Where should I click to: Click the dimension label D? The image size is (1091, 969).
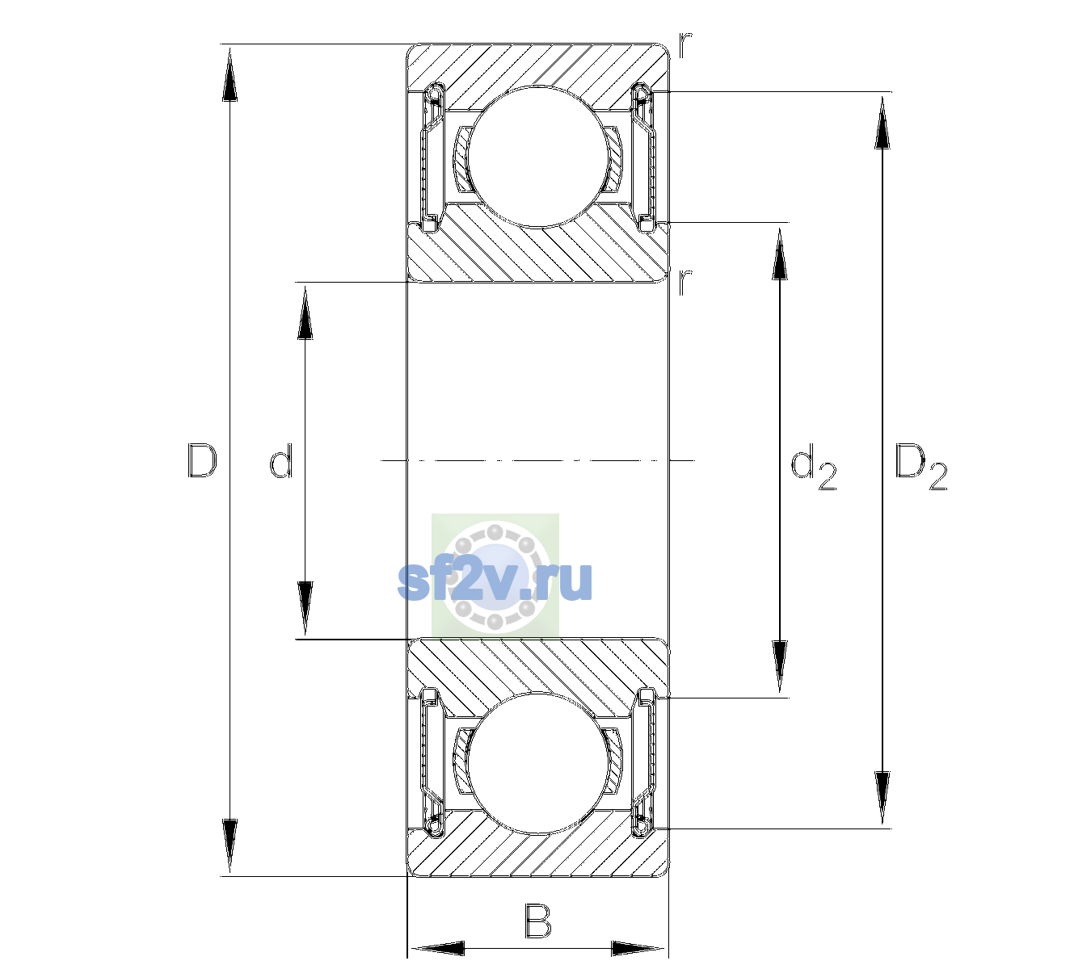click(202, 461)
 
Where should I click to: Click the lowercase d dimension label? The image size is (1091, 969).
click(280, 461)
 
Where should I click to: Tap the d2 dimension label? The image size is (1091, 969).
click(813, 467)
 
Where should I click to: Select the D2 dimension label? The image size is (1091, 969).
click(920, 467)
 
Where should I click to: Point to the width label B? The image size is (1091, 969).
click(537, 921)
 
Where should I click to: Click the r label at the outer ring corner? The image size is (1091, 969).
click(685, 45)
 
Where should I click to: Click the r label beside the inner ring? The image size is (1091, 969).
click(685, 282)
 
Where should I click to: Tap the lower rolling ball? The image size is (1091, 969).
click(537, 763)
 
